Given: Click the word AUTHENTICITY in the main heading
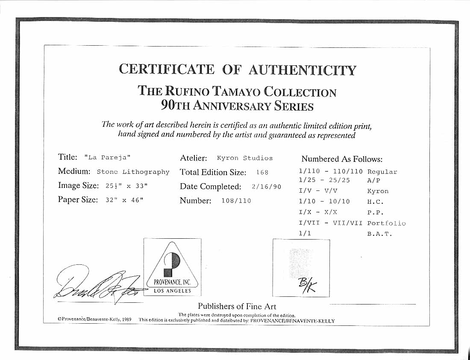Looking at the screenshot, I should [302, 70].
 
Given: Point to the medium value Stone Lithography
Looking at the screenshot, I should [133, 172].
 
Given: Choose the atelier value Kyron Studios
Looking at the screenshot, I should [244, 158].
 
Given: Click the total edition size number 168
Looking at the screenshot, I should [262, 173].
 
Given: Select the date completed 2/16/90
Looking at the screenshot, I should [267, 187].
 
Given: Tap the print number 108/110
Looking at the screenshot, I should [236, 201].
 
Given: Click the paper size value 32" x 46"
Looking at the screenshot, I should [123, 200].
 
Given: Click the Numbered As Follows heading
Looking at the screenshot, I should [342, 159].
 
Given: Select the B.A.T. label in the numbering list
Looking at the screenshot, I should [379, 234].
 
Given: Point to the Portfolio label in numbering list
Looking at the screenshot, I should [386, 223].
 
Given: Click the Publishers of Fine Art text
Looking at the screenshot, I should [237, 306].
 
